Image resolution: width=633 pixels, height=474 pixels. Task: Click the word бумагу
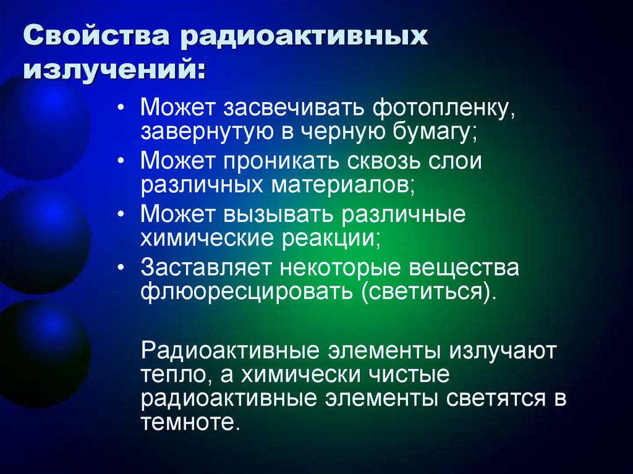pos(429,132)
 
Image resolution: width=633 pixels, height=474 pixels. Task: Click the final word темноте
pos(189,423)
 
